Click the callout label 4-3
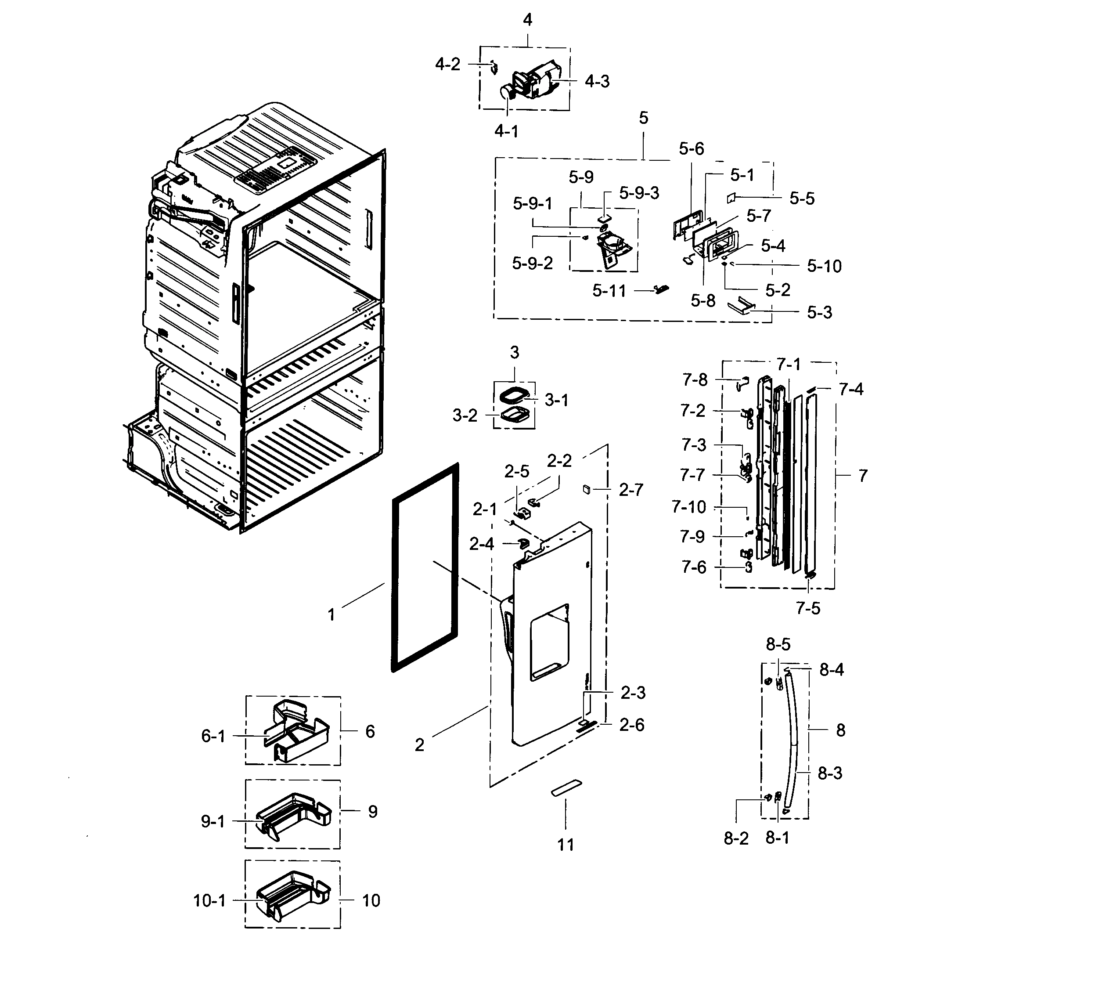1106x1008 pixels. pos(597,81)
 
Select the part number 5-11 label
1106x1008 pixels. pos(609,291)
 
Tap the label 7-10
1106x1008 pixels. pos(688,507)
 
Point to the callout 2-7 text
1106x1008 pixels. pos(631,490)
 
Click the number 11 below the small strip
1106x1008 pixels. pos(566,845)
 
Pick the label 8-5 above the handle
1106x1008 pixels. pos(778,644)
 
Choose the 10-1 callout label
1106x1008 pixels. pos(209,900)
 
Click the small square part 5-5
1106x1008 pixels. pos(730,199)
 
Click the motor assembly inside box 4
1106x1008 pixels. pos(532,82)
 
